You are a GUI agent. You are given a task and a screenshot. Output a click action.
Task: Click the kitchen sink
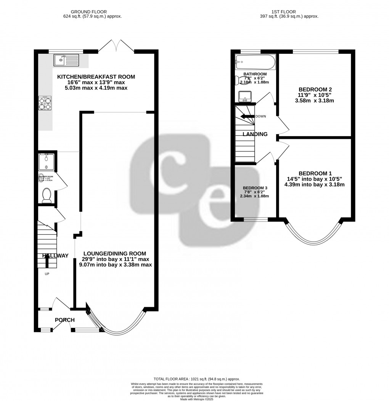[x=66, y=59]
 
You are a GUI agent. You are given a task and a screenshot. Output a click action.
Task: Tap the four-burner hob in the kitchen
[x=45, y=103]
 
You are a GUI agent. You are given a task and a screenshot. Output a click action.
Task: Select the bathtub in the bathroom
[x=255, y=61]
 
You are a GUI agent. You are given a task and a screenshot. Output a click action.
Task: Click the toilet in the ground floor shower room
[x=47, y=195]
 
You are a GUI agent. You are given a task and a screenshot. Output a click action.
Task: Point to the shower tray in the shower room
[x=46, y=161]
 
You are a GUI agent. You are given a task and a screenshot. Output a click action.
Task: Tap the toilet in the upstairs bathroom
[x=240, y=80]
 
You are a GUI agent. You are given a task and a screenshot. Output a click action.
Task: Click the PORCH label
[x=64, y=320]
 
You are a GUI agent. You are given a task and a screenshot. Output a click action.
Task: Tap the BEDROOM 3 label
[x=255, y=188]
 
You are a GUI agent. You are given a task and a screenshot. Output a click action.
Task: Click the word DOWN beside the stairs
[x=261, y=116]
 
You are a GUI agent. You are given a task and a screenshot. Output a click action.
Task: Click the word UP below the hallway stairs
[x=47, y=273]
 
